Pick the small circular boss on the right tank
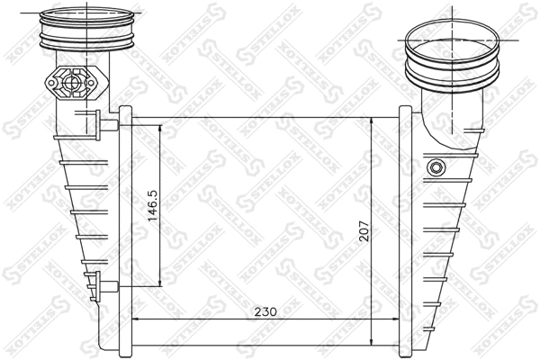point(437,167)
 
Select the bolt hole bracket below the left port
point(74,84)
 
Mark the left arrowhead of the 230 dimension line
point(137,319)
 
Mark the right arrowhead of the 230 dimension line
point(396,319)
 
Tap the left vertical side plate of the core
point(127,229)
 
